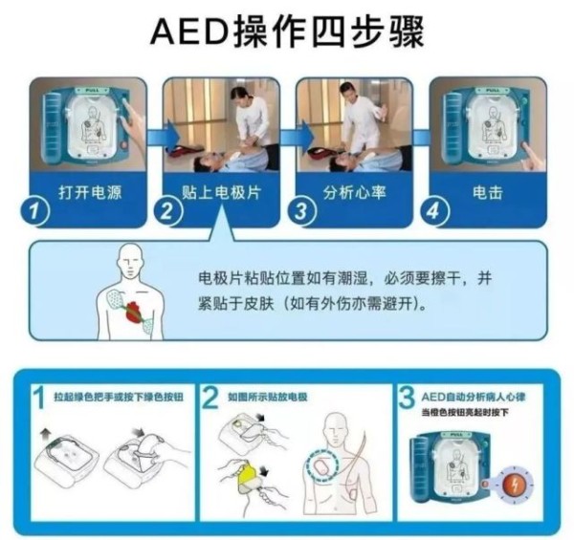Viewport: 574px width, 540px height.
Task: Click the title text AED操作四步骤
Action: click(287, 31)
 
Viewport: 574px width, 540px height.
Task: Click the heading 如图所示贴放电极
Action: click(272, 395)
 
